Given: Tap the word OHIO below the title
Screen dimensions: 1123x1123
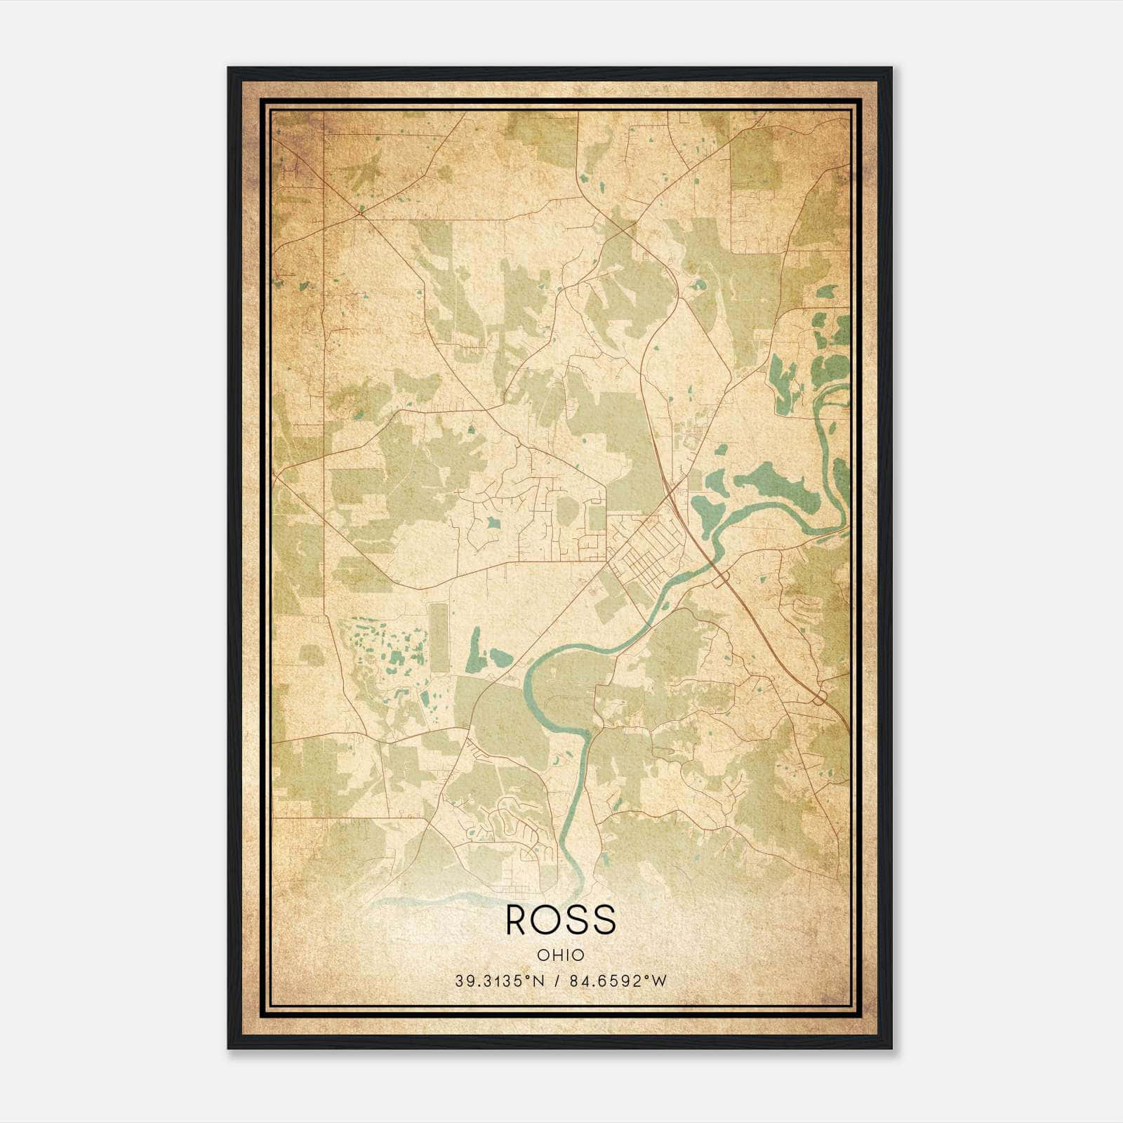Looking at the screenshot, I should (x=560, y=955).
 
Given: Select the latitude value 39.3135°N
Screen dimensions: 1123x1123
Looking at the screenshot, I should (x=500, y=981).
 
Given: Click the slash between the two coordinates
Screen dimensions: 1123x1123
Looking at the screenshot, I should (x=558, y=981).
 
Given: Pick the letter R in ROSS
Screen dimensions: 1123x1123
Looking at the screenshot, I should (x=517, y=919).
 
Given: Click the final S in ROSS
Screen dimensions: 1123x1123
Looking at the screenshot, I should (x=605, y=919).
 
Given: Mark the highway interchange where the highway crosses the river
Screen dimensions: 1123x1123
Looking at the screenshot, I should (x=722, y=577).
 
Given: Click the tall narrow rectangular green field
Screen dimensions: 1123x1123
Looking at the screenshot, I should (x=439, y=637).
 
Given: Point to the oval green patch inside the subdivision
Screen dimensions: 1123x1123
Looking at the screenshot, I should (x=566, y=512).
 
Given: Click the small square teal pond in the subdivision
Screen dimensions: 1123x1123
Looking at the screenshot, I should (x=493, y=522).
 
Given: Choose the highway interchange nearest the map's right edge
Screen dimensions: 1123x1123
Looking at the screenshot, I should (x=819, y=696).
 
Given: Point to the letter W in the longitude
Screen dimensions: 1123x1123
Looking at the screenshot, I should (x=659, y=981).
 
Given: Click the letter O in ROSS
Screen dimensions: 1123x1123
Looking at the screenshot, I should (x=547, y=919).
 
